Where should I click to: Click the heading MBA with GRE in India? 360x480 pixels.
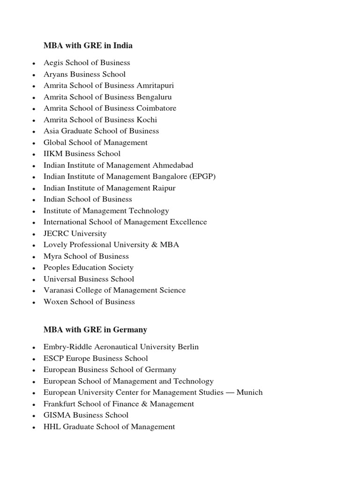coord(88,45)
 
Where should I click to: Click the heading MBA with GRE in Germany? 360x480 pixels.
coord(95,330)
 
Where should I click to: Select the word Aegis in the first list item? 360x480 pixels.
coord(53,63)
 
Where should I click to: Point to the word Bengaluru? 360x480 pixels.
coord(154,97)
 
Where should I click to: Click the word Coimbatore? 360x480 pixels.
coord(157,108)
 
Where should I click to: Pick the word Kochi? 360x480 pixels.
coord(147,120)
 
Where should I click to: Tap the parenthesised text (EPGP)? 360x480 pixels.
coord(202,177)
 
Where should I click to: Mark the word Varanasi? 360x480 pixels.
coord(59,290)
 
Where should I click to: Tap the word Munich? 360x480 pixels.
coord(249,392)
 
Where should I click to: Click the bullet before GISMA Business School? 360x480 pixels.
coord(34,416)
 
